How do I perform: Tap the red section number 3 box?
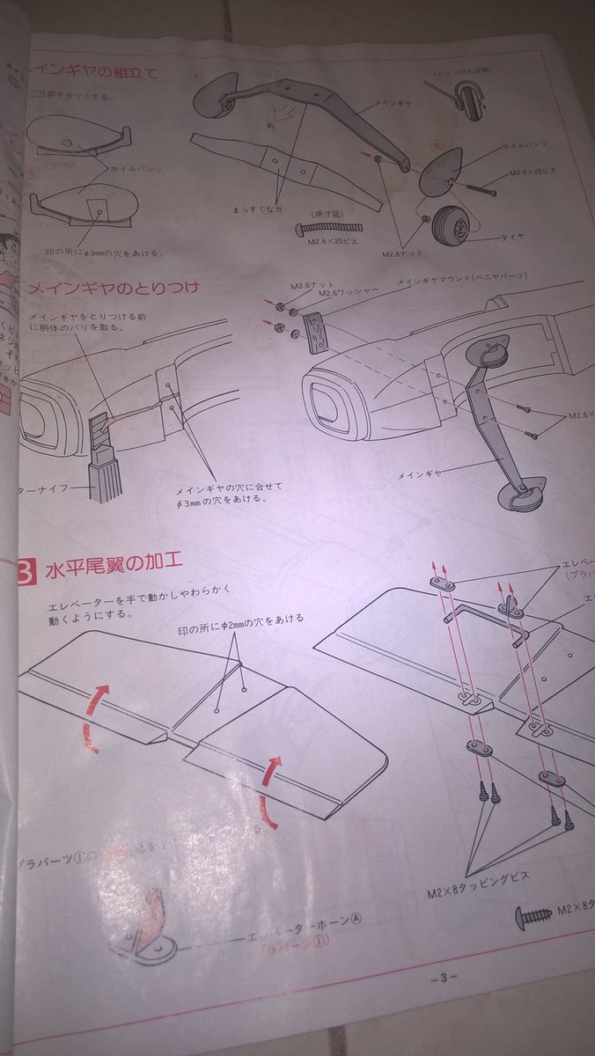tap(26, 573)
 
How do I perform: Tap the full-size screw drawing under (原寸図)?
tap(329, 229)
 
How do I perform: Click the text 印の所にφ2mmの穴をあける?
tap(239, 619)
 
